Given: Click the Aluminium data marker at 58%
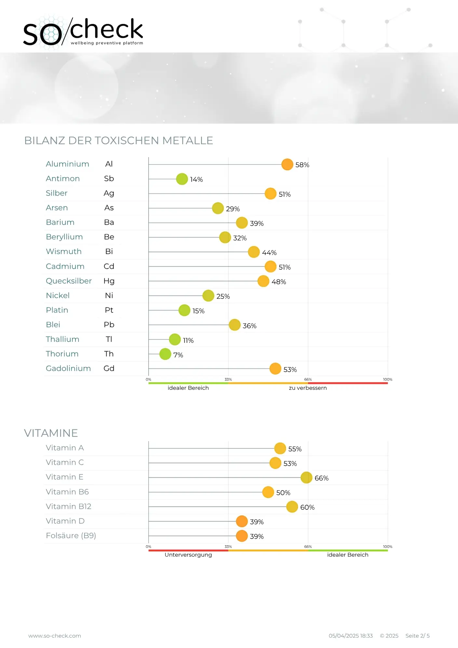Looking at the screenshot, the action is [287, 165].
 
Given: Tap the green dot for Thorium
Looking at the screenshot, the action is [165, 354].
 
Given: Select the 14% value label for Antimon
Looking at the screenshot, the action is [196, 180].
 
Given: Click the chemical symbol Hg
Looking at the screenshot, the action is [109, 281].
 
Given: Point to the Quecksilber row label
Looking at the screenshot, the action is [69, 281].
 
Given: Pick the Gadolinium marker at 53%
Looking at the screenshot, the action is [275, 369].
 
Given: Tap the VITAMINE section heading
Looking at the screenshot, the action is [51, 433].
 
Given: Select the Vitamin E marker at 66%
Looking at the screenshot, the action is [306, 478].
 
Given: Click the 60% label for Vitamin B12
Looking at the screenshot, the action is [307, 507].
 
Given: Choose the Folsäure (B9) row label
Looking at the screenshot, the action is [71, 535].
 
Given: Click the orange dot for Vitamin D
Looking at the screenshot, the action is [242, 521].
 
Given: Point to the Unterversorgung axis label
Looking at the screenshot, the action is [188, 555].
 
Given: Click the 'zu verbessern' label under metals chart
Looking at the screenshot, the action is [308, 388].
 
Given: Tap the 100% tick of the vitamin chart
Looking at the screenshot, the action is [387, 547].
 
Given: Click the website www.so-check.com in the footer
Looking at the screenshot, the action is [55, 636].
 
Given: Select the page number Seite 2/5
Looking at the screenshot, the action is [417, 636].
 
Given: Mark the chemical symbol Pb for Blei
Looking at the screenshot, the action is [109, 325].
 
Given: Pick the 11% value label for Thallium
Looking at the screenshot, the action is [188, 340].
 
